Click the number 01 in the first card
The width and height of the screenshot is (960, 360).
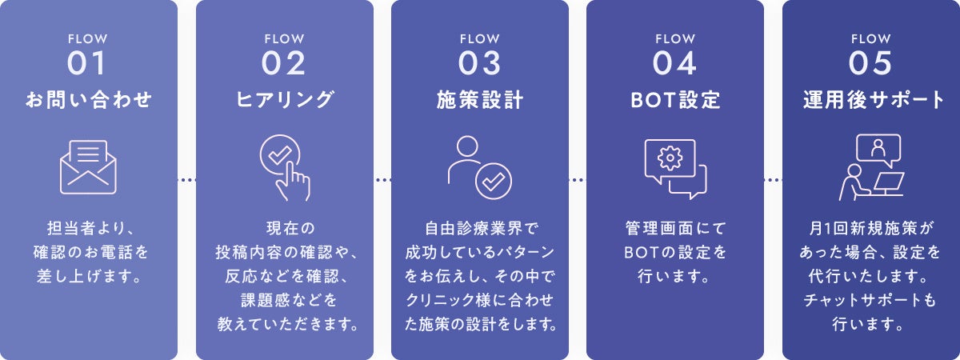pos(88,62)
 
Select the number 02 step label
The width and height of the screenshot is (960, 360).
pos(284,62)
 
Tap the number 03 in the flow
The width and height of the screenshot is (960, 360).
pos(480,62)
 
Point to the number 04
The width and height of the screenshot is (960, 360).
pos(675,62)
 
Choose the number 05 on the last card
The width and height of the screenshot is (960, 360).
pos(871,62)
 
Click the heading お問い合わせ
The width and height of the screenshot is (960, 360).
pos(88,100)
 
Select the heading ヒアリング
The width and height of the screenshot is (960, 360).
pos(284,100)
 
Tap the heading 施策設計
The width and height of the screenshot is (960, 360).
pos(480,100)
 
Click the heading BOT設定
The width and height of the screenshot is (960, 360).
pos(675,100)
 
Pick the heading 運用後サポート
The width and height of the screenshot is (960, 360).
pos(871,100)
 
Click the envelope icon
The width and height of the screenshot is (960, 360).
pos(88,167)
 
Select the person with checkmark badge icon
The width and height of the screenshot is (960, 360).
pos(479,167)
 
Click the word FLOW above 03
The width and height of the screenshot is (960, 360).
pos(480,38)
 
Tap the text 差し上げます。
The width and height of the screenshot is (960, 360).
pos(88,278)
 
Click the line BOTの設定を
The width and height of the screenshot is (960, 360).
pos(675,254)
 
